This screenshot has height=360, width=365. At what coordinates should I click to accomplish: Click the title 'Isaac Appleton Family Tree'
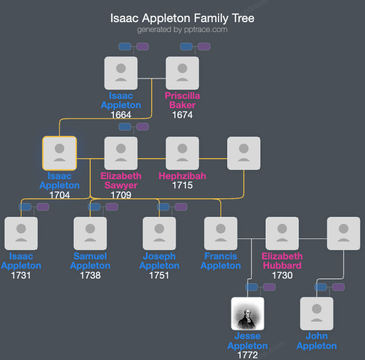coord(182,18)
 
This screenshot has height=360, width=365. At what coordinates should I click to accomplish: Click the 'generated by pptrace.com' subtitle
coord(182,29)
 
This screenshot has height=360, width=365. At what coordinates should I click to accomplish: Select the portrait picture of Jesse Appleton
coord(248,313)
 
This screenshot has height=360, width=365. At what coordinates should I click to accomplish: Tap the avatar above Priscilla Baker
coord(182,73)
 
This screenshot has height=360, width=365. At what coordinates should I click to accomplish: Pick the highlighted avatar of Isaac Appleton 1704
coord(59,153)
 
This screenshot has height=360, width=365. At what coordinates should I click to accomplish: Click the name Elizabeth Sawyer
coord(121,180)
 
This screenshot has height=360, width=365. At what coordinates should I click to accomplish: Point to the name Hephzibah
coord(182,176)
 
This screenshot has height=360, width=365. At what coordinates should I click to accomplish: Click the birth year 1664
coord(121,115)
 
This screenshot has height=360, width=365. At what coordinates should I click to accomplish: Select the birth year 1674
coord(182,115)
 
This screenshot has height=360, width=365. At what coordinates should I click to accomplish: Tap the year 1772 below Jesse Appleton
coord(248,355)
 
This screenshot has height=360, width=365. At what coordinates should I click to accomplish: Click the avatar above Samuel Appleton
coord(90,233)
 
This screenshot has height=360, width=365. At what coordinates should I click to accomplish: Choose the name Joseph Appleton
coord(159,261)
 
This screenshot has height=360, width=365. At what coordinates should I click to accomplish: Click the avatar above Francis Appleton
coord(221,233)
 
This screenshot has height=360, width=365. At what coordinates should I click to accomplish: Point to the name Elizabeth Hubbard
coord(282,261)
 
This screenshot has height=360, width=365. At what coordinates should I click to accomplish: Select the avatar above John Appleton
coord(317,313)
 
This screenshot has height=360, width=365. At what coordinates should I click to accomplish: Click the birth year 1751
coord(159,275)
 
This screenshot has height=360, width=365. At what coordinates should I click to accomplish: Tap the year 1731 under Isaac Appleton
coord(21,275)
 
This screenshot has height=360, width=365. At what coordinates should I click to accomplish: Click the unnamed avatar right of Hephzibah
coord(244,153)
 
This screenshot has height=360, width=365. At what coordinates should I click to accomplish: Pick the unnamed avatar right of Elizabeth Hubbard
coord(343,233)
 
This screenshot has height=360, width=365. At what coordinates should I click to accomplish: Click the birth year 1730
coord(282,275)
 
